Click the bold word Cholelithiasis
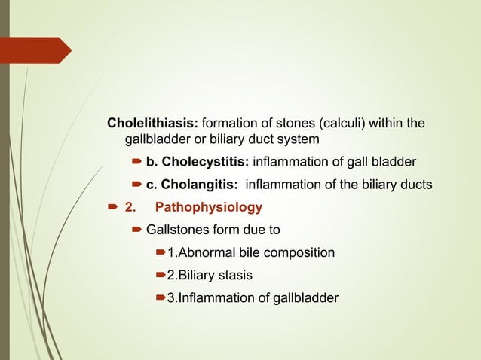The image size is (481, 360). pos(153,123)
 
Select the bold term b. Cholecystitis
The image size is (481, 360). pos(197,162)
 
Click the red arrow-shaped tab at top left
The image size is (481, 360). pos(38,50)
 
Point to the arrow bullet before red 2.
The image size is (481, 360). pos(112,207)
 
